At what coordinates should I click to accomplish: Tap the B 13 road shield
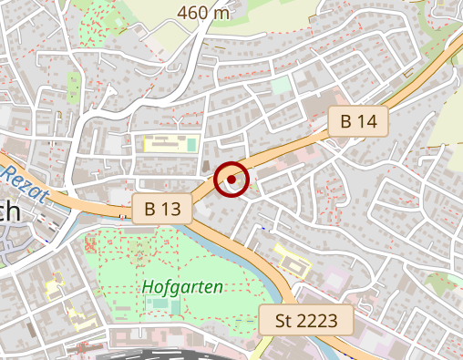[163, 209]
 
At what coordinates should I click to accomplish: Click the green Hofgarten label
[183, 287]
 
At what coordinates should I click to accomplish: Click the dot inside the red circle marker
[231, 180]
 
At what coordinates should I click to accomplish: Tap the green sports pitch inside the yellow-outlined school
[192, 144]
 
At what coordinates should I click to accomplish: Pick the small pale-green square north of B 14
[282, 84]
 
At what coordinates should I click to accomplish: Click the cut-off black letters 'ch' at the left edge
[9, 212]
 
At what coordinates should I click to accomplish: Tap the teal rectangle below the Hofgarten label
[174, 306]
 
